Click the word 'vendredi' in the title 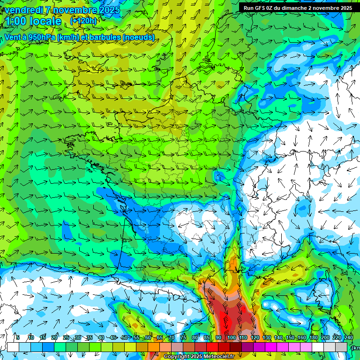click(x=22, y=9)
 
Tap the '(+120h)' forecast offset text click(x=83, y=21)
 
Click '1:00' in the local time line click(x=18, y=22)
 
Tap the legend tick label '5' click(x=18, y=337)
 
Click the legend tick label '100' click(x=231, y=337)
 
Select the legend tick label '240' click(x=348, y=337)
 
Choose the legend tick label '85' click(x=207, y=337)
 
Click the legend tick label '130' click(x=266, y=337)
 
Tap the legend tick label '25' click(x=66, y=337)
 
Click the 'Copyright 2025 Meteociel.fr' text click(x=199, y=357)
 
